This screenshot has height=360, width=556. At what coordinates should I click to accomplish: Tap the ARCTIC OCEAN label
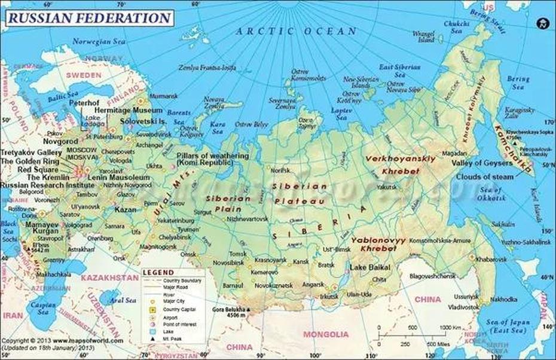296,31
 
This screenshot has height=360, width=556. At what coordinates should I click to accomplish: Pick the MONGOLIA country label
326,334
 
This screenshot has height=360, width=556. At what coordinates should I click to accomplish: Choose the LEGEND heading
158,273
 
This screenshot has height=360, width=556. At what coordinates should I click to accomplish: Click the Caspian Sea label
42,308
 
